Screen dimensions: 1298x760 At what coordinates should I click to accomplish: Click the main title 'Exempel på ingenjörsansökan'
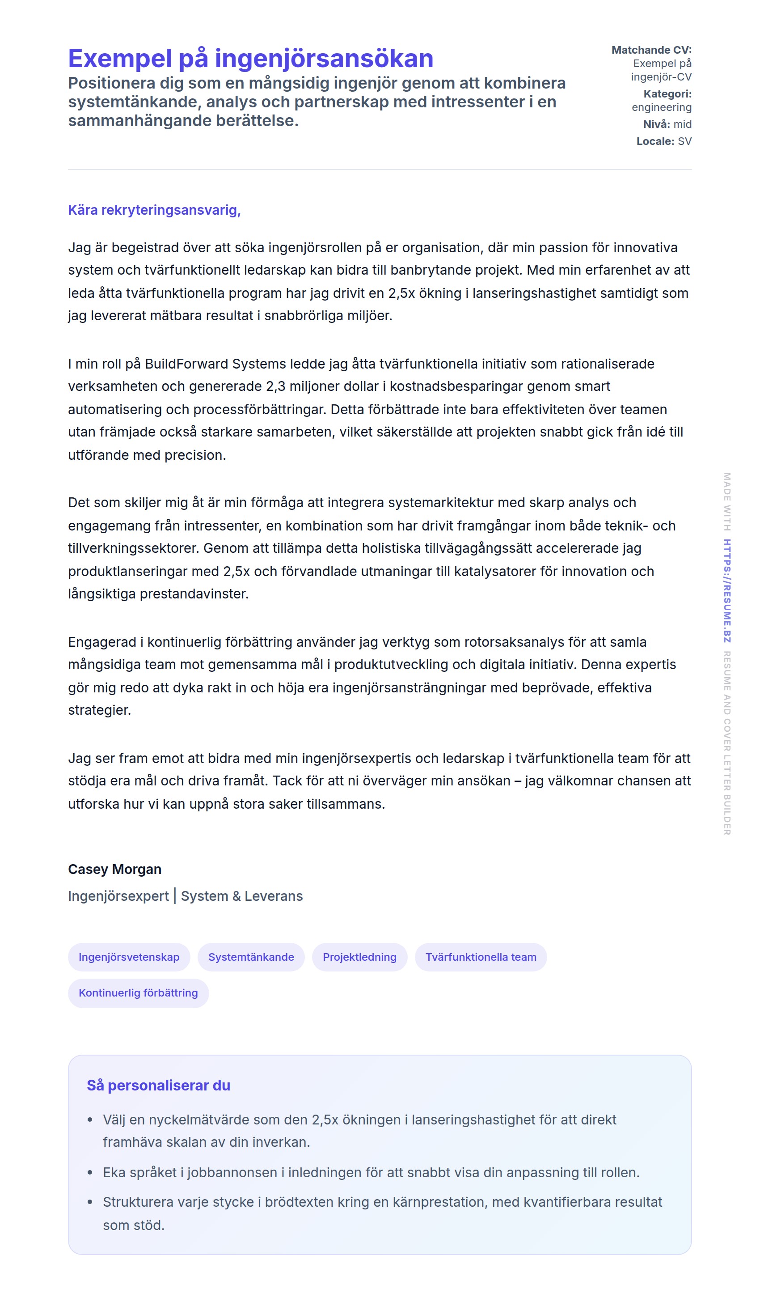[x=250, y=58]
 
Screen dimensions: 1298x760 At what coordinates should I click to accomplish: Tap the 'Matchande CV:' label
[x=651, y=50]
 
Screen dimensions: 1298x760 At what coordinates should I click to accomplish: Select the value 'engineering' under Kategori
[x=661, y=107]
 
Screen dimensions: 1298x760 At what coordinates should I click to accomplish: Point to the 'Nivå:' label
[x=656, y=124]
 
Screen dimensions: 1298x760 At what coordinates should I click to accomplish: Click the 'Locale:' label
[x=655, y=141]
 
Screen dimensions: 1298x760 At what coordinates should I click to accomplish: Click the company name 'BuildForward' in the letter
[x=186, y=364]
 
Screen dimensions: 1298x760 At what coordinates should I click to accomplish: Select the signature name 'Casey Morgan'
[x=114, y=869]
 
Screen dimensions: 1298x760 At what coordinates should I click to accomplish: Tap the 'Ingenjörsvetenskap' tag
[x=129, y=957]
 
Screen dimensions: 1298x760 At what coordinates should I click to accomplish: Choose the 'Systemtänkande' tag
[x=251, y=957]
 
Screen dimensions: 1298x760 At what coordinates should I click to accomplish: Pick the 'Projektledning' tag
[x=359, y=957]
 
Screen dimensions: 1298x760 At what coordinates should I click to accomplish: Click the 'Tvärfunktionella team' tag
[x=481, y=957]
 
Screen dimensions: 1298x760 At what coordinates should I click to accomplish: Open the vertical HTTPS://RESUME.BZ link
[x=726, y=590]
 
